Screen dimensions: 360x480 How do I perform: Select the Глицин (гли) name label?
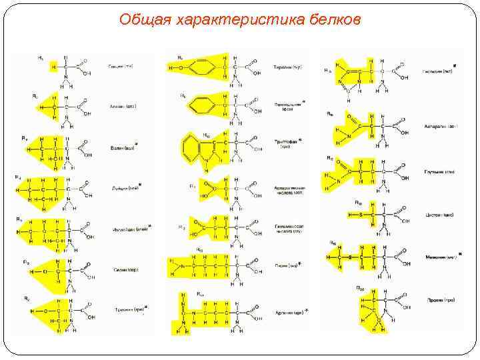tap(120, 67)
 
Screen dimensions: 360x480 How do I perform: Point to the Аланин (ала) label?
tap(123, 106)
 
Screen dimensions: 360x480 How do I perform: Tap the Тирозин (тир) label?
tap(287, 67)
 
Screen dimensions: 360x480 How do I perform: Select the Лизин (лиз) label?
tap(285, 265)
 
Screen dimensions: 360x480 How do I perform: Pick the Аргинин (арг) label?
tap(289, 311)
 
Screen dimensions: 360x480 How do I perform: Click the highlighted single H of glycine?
tap(53, 67)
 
